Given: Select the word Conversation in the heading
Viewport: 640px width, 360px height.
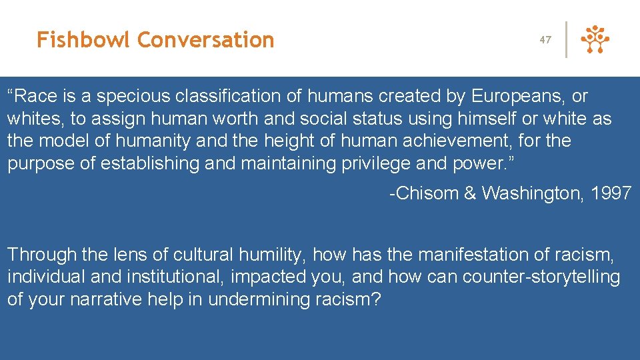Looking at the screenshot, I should (x=206, y=40).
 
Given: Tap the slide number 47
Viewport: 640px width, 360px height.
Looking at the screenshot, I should (x=545, y=40).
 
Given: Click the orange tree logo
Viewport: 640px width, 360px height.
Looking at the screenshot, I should (x=595, y=40).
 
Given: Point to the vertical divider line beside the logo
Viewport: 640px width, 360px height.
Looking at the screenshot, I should (x=567, y=40).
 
